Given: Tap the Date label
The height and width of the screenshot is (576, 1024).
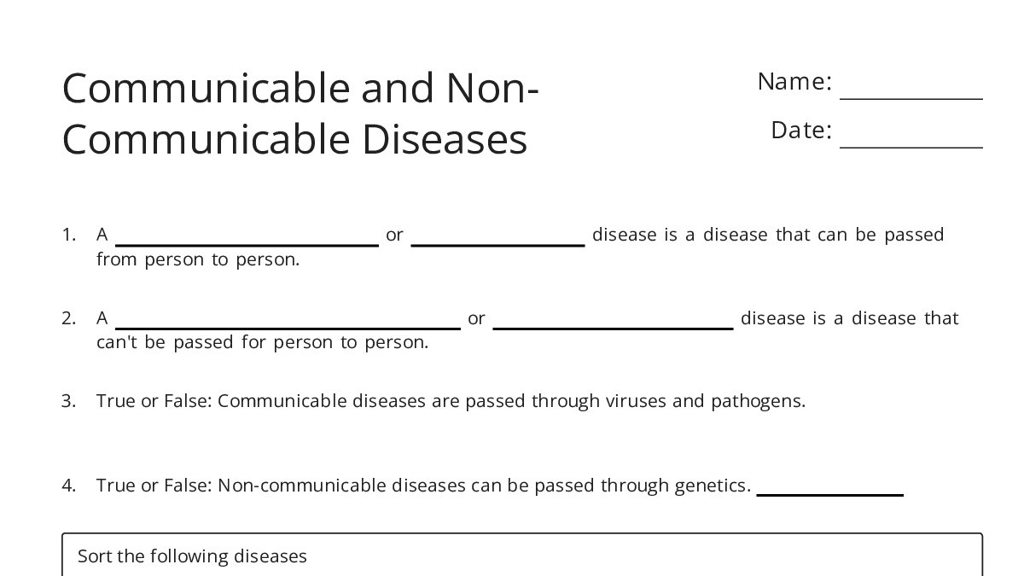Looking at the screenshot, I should click(800, 131).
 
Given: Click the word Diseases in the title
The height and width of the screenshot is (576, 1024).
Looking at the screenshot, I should click(445, 140).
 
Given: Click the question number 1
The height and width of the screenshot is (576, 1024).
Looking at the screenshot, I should click(68, 235).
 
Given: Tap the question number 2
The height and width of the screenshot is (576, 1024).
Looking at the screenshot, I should click(68, 318).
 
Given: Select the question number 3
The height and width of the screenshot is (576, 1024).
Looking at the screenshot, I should click(68, 401).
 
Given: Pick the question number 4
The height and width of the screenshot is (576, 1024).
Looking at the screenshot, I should click(68, 486).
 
